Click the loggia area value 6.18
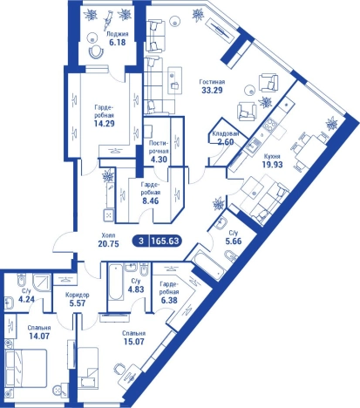click(x=118, y=43)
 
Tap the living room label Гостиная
click(x=212, y=82)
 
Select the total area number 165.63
click(x=166, y=241)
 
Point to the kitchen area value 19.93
click(x=272, y=165)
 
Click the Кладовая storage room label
click(x=226, y=134)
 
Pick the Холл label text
click(x=109, y=235)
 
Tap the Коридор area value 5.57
click(x=78, y=303)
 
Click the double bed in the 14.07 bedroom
click(x=26, y=368)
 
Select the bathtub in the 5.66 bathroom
click(x=209, y=265)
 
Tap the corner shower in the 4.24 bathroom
click(x=41, y=282)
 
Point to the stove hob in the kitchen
click(x=271, y=125)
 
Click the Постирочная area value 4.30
click(x=159, y=160)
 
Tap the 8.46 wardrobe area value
click(x=151, y=201)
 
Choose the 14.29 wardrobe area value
click(x=105, y=124)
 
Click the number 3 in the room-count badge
click(x=141, y=241)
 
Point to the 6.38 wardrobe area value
click(x=169, y=300)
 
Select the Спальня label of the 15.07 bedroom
click(x=133, y=333)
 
